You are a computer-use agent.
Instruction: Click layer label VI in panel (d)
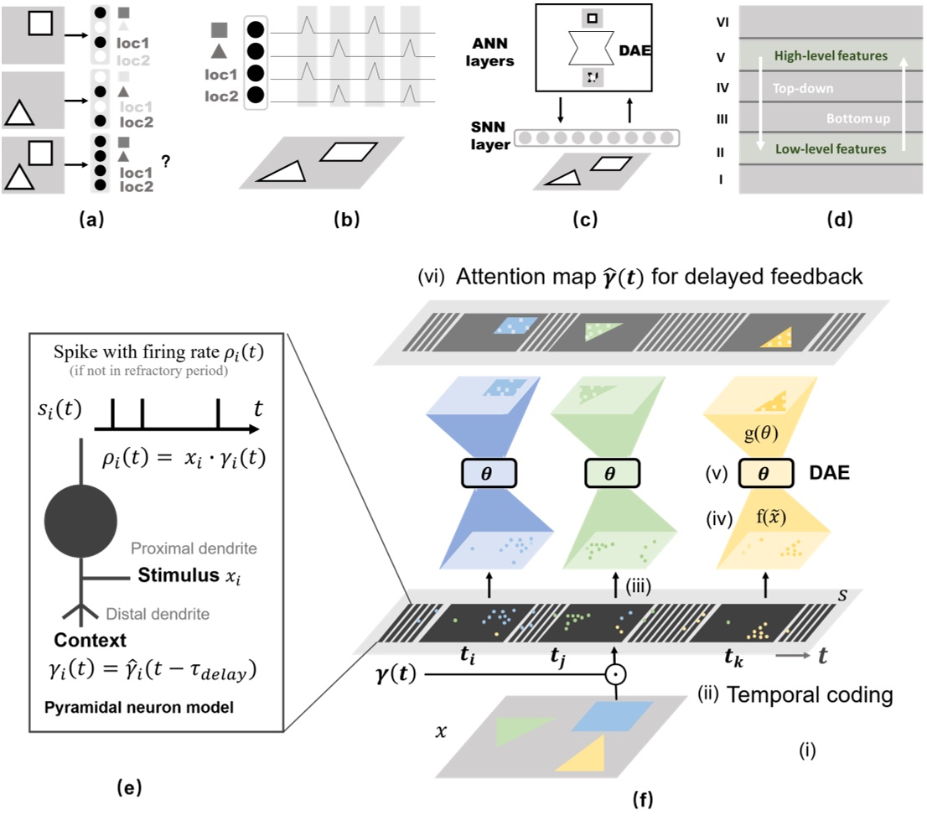(x=722, y=24)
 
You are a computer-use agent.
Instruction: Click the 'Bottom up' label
(x=849, y=119)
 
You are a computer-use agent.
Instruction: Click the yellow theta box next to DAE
(x=765, y=473)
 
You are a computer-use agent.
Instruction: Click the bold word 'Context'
(x=84, y=642)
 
